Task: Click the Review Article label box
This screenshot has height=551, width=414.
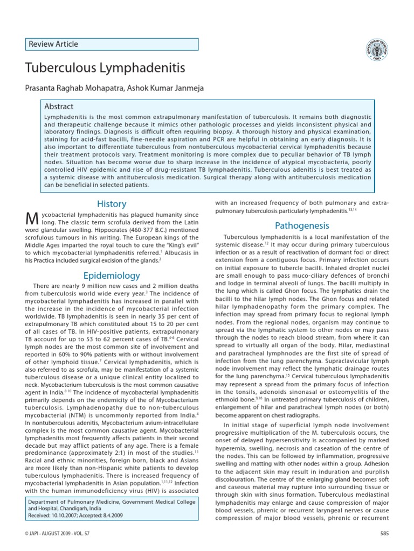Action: click(112, 44)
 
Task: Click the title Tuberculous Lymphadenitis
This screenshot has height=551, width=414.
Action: click(105, 68)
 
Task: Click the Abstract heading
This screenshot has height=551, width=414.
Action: click(59, 107)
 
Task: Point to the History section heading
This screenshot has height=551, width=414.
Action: click(112, 204)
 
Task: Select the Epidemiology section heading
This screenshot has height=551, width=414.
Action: click(112, 275)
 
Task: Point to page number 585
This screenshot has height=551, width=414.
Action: click(384, 533)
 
